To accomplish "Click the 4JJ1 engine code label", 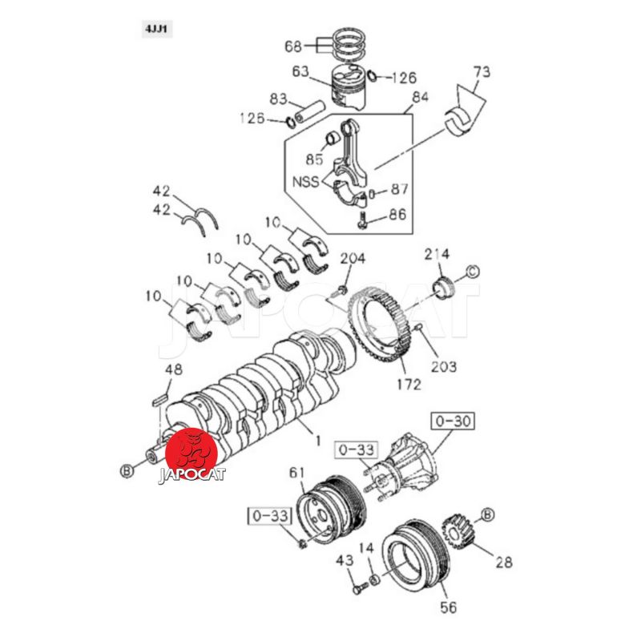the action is click(157, 30).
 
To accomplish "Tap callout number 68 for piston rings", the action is click(293, 46).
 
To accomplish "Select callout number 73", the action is click(482, 71).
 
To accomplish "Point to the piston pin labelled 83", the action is click(309, 111).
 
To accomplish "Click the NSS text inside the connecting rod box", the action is click(306, 182).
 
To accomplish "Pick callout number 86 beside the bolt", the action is click(397, 214).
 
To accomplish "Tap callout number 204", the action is click(353, 258).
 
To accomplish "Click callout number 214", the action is click(437, 254).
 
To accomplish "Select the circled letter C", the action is click(473, 272).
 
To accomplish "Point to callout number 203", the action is click(444, 366).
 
